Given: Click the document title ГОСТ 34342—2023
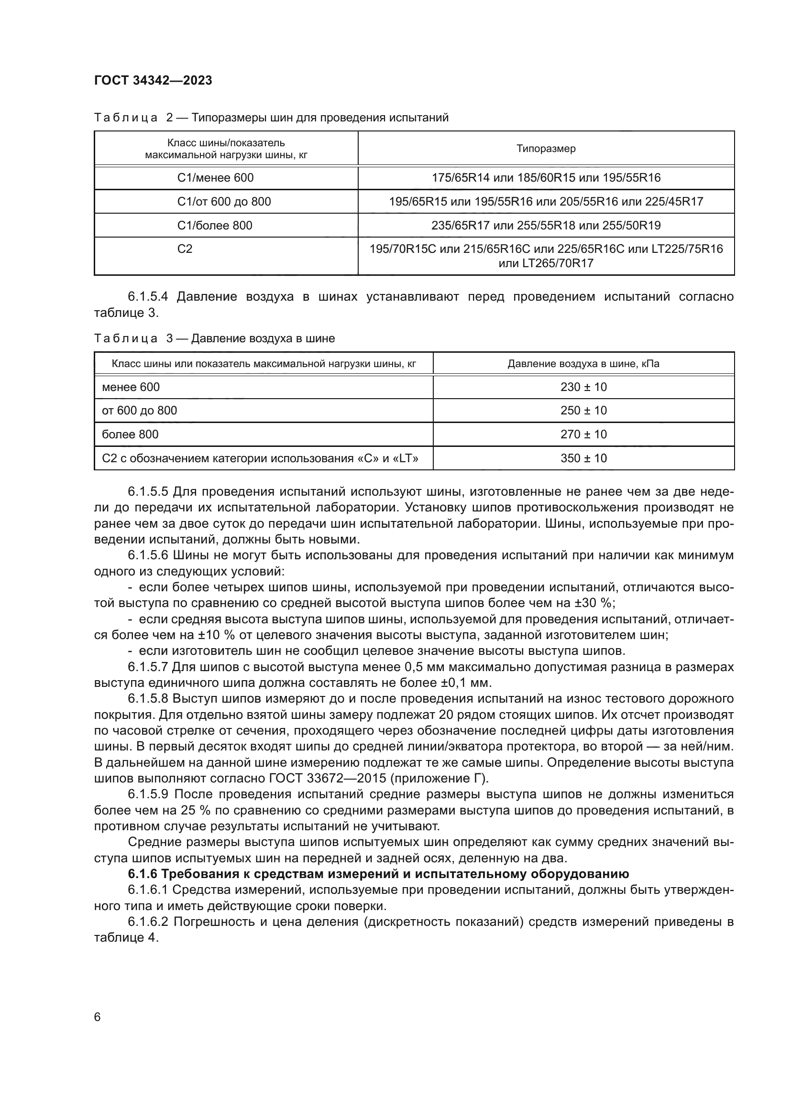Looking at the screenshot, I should coord(153,80).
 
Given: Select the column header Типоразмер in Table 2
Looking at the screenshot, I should coord(546,149).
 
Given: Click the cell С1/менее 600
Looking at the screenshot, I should coord(215,178).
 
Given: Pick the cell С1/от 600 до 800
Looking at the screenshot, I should coord(223,202).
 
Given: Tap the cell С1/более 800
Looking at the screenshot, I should coord(215,226).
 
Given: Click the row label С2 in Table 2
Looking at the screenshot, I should coord(185,249).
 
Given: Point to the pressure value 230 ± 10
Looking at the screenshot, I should coord(583,387).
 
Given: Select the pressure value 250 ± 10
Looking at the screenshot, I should coord(583,411).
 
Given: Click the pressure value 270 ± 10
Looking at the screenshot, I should coord(583,434).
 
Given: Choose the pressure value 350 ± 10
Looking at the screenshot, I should coord(583,458).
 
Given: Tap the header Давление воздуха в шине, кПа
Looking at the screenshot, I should coord(583,364).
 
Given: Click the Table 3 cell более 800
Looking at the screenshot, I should coord(130,434).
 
